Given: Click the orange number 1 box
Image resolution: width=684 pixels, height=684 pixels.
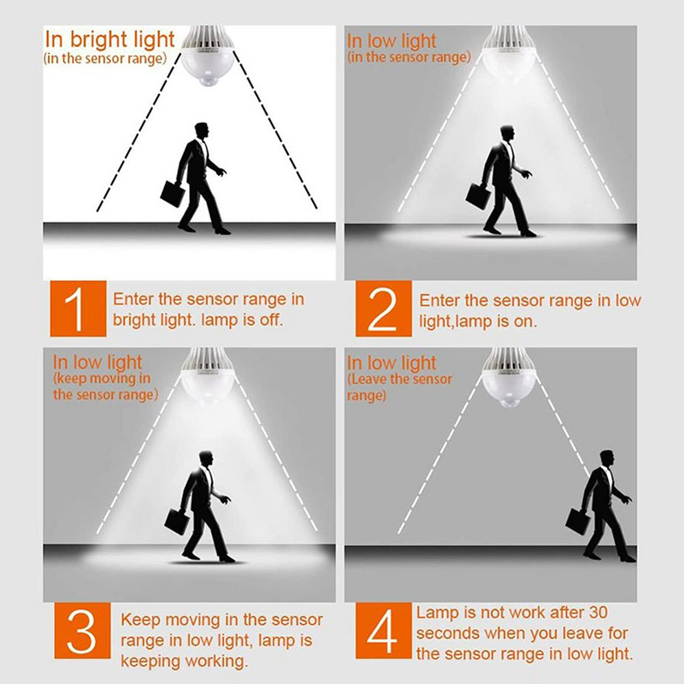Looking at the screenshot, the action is (x=78, y=309).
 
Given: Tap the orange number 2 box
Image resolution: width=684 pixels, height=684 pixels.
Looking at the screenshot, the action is (x=383, y=309).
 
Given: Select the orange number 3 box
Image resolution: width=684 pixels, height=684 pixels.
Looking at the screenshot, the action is (x=82, y=630).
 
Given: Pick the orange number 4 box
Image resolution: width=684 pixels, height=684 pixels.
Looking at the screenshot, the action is (x=383, y=630).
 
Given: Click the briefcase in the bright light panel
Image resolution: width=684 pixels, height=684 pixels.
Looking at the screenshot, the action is (x=173, y=194).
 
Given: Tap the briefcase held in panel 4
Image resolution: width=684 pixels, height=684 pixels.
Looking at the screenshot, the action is (x=578, y=521).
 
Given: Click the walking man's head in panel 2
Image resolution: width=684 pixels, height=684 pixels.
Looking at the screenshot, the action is (x=507, y=133).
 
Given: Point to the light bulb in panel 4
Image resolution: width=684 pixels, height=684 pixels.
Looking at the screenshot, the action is (x=508, y=378).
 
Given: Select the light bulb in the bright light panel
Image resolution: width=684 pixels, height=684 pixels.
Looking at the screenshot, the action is (x=208, y=55).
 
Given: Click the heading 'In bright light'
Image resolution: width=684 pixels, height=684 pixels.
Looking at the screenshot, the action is (x=109, y=39).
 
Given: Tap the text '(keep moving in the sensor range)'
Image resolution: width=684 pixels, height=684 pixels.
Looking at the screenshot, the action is (x=105, y=386).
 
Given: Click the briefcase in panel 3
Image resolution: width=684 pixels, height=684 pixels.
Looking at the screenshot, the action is (x=177, y=522).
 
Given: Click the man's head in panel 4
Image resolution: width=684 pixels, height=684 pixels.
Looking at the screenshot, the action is (x=607, y=458).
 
